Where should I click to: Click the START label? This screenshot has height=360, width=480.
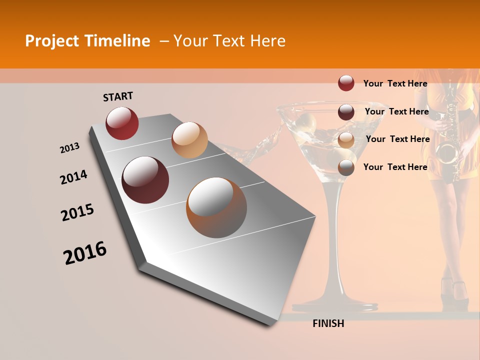point(118,96)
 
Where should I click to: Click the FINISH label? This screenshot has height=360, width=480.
point(328,323)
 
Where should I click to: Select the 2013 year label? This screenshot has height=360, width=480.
point(69,148)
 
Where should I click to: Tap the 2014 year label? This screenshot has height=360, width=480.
point(73,177)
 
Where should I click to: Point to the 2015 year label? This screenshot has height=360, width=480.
point(77,212)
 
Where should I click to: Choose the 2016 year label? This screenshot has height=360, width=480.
point(85,253)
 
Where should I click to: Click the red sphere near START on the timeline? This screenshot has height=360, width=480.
point(122,123)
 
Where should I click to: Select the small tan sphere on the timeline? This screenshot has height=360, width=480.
point(189,140)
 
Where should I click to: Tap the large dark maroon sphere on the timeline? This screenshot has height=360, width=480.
point(145,180)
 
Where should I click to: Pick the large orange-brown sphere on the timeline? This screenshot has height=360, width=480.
point(216,207)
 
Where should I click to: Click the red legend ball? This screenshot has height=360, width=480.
point(346,83)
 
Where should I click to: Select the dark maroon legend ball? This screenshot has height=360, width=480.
point(346,111)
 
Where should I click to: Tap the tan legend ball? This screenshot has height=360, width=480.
point(346,140)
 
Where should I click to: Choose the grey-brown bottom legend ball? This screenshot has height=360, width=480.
point(346,167)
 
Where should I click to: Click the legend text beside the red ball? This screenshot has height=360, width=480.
point(395,83)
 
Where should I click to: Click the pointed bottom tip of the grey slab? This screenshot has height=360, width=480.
point(270,324)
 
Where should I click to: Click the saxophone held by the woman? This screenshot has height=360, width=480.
point(448,135)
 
